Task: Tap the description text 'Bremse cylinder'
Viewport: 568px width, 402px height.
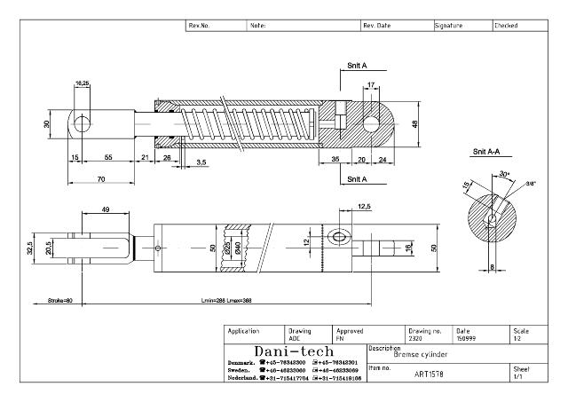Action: [422, 354]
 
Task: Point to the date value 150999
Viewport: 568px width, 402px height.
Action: [465, 338]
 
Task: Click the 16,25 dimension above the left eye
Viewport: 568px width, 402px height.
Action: [82, 83]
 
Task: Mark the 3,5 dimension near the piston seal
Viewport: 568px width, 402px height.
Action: [201, 162]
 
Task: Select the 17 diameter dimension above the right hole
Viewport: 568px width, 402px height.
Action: [370, 85]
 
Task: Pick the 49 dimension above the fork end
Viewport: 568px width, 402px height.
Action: [106, 209]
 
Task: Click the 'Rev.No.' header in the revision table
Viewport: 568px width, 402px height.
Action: [199, 26]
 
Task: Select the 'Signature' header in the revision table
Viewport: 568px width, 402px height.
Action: [449, 26]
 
